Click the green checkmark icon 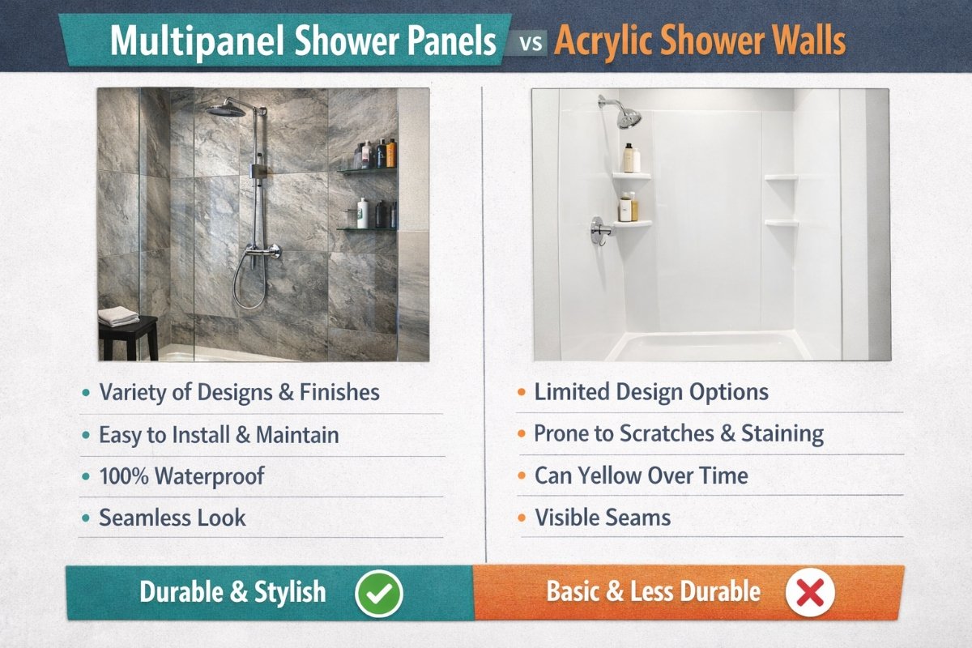point(379,593)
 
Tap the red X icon point(810,592)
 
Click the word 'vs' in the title point(531,44)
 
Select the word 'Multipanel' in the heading point(198,41)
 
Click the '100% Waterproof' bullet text point(181,476)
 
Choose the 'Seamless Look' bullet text point(173,518)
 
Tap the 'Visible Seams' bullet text point(603,517)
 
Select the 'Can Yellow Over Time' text point(642,475)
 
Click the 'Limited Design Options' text point(651,392)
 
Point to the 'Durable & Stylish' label point(232,592)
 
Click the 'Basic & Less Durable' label point(654,591)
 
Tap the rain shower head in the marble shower point(226,109)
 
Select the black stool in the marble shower point(129,338)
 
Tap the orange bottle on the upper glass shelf point(391,153)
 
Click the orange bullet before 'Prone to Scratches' point(522,433)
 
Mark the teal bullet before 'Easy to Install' point(87,435)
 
